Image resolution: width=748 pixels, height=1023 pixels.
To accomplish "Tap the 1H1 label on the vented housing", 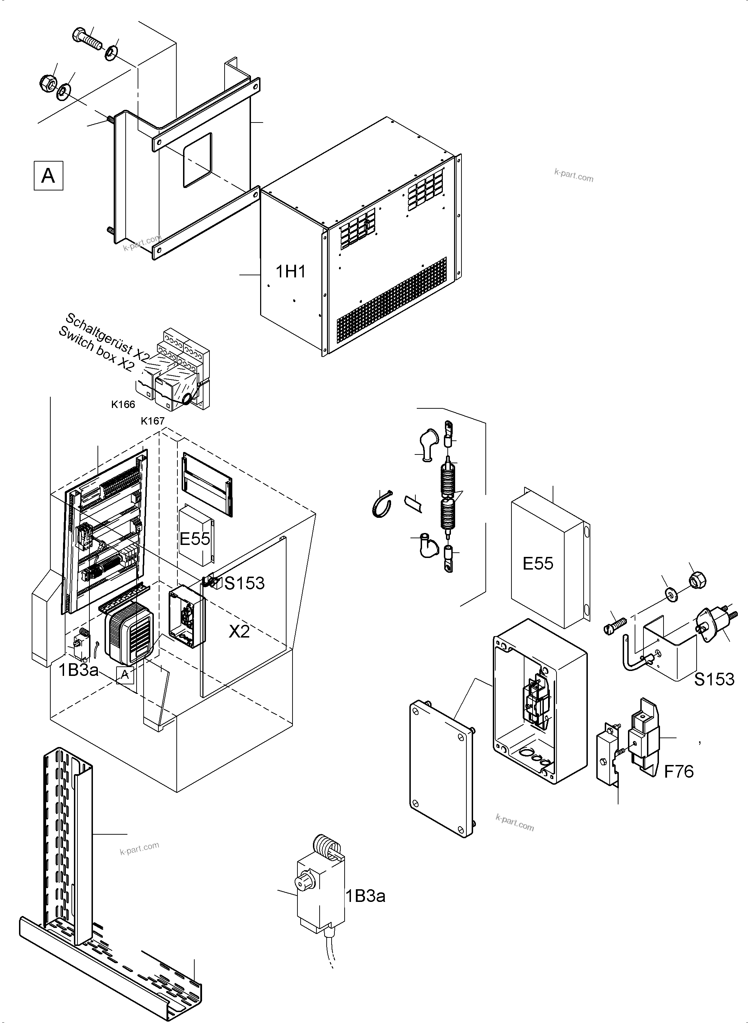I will point(291,272).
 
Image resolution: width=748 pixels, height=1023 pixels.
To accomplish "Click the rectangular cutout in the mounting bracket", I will point(197,160).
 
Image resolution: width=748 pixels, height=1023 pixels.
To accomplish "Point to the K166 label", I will point(123,404).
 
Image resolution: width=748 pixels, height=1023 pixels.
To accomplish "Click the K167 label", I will point(152,421).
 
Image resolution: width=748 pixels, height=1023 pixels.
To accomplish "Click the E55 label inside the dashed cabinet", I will point(195,539).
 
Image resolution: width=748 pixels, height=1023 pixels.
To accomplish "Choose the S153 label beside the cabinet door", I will point(245,583).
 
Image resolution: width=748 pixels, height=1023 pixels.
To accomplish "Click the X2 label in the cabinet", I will point(239,631).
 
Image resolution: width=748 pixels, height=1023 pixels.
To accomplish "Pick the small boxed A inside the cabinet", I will point(125,675).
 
